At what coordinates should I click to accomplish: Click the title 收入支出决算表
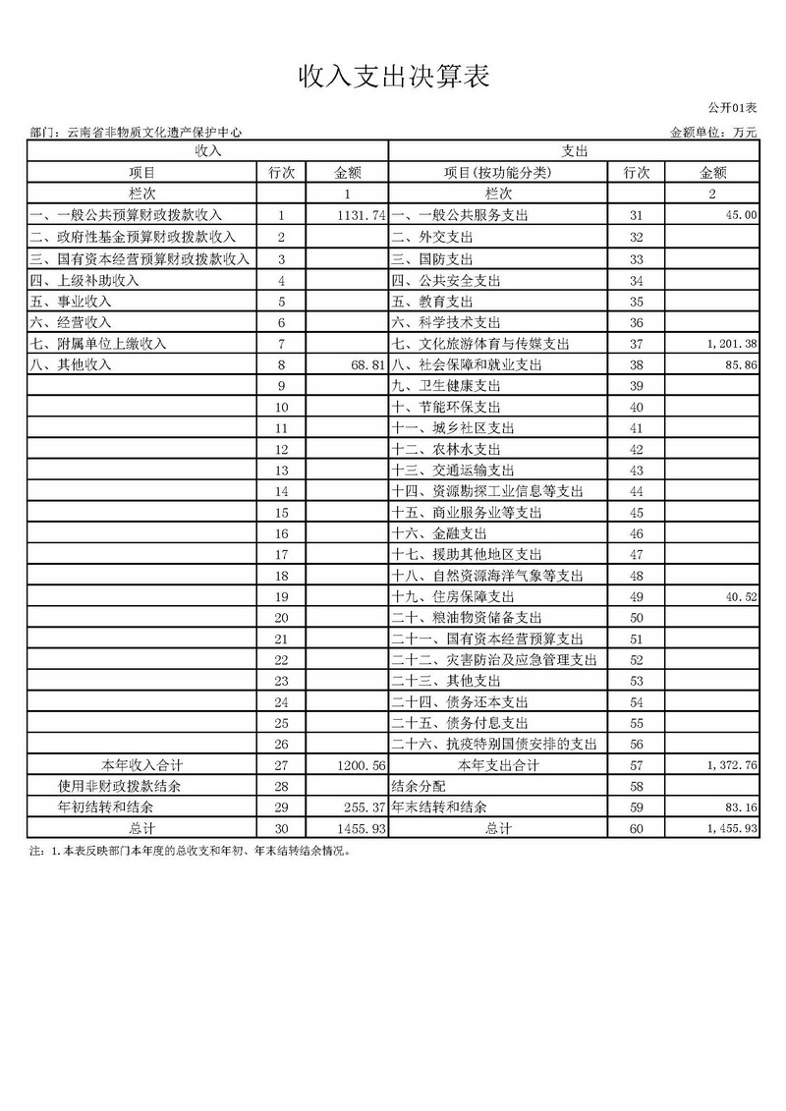click(392, 76)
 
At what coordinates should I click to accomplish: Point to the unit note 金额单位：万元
click(714, 132)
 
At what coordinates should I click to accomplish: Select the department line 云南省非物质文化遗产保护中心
click(137, 132)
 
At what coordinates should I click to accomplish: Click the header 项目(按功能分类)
click(498, 173)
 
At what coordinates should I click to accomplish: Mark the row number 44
click(635, 491)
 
